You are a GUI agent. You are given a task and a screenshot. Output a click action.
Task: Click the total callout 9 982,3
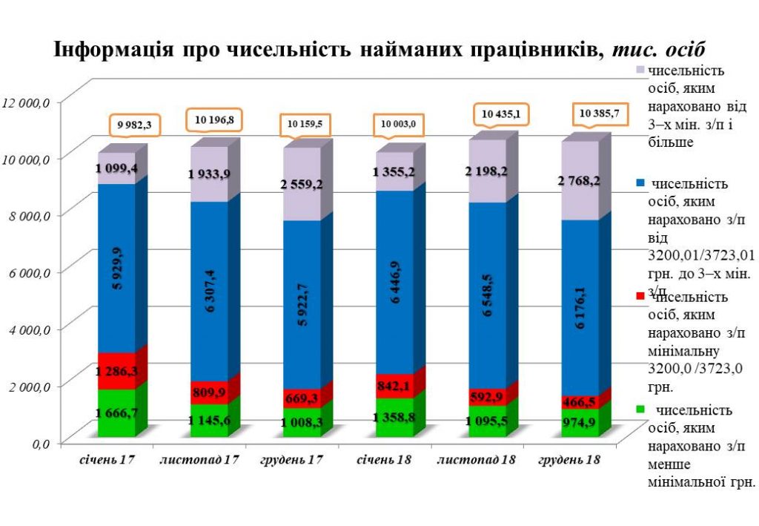[x=134, y=125]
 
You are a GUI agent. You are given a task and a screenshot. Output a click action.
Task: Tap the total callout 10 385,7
[x=600, y=115]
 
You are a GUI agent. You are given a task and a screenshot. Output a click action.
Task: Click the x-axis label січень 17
[x=108, y=460]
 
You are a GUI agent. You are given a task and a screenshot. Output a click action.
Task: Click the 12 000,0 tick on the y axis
[x=27, y=102]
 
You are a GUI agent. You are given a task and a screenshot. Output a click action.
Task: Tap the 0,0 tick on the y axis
[x=37, y=444]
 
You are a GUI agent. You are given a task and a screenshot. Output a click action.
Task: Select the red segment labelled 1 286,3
[x=116, y=370]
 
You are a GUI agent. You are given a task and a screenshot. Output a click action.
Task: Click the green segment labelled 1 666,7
[x=116, y=412]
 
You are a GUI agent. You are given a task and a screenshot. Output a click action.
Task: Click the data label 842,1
[x=393, y=386]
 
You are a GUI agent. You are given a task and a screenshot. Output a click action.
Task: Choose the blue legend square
[x=640, y=183]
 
